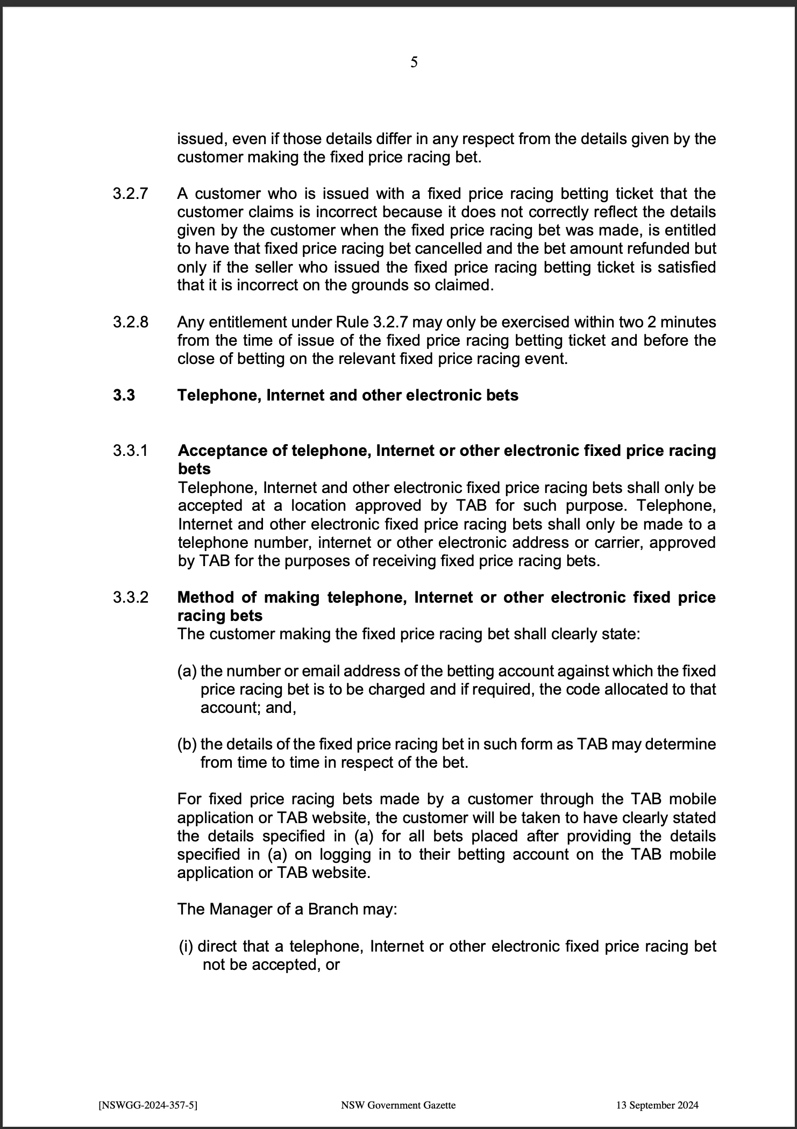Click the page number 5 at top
pos(414,62)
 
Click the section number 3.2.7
pos(130,194)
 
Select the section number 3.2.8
pos(130,322)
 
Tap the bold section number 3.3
pos(124,395)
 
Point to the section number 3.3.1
pos(130,451)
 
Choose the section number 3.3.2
pos(130,597)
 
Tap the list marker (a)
pos(187,671)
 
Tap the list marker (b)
pos(187,745)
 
